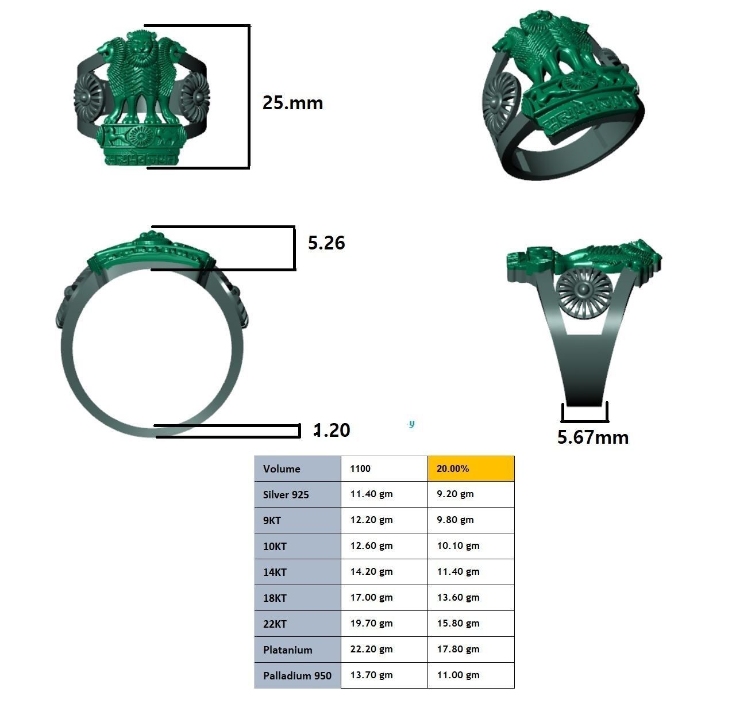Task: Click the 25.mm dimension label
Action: (292, 103)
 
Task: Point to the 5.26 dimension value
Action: (326, 243)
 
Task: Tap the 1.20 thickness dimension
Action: (332, 430)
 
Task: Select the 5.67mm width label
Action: (593, 437)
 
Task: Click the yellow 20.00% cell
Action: (471, 468)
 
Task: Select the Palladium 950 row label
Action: (298, 675)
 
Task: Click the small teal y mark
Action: (411, 424)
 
